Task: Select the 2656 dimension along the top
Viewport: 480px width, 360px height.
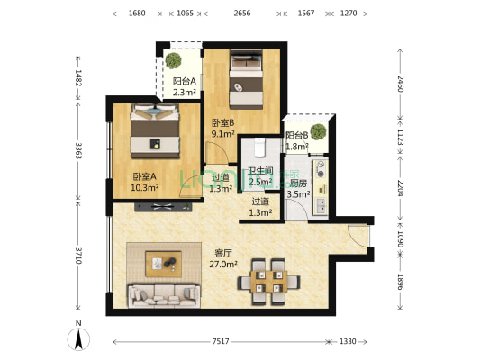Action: click(x=241, y=14)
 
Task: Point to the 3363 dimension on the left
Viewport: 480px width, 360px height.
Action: click(x=79, y=151)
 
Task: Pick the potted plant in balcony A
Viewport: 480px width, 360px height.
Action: click(x=172, y=61)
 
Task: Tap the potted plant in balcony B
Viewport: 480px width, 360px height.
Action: click(x=317, y=131)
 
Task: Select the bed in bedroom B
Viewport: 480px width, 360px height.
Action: click(x=246, y=76)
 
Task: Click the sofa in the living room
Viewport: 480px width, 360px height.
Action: click(x=164, y=292)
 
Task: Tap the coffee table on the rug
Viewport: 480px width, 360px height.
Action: click(x=164, y=263)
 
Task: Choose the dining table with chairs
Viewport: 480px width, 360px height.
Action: click(x=268, y=277)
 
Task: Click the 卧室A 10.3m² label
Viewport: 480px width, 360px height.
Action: click(x=145, y=183)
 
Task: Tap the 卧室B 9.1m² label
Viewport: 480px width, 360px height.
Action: click(x=223, y=129)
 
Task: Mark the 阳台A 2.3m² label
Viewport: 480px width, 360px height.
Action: click(x=185, y=86)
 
